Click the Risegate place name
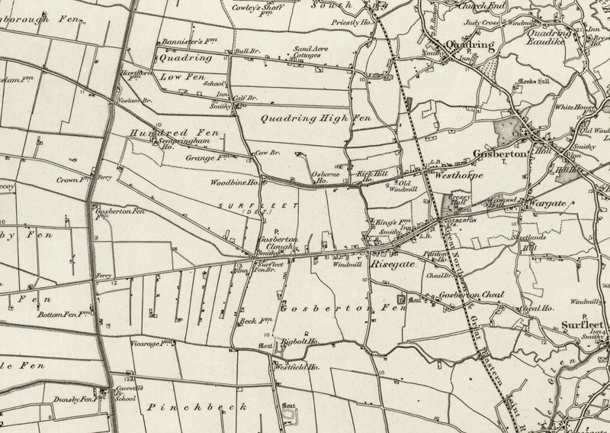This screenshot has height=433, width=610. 392,263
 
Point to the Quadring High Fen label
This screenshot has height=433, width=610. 315,118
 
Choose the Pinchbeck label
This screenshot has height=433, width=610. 197,407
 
